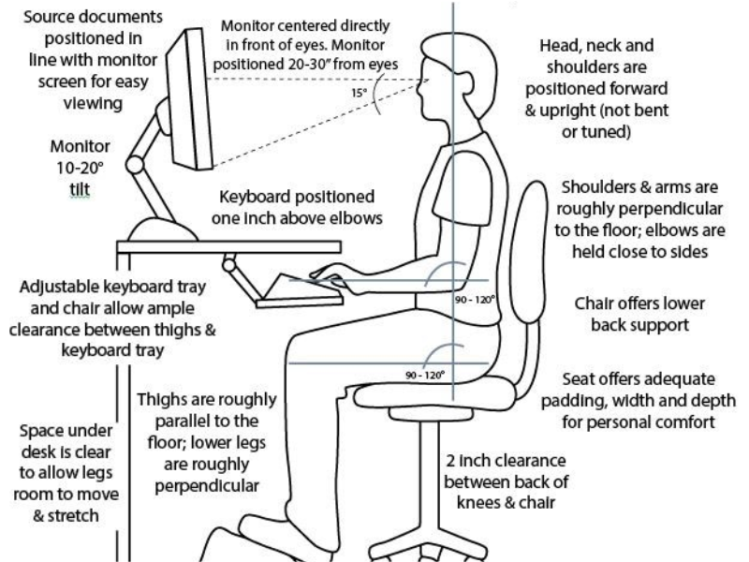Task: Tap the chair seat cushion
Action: pos(440,392)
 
